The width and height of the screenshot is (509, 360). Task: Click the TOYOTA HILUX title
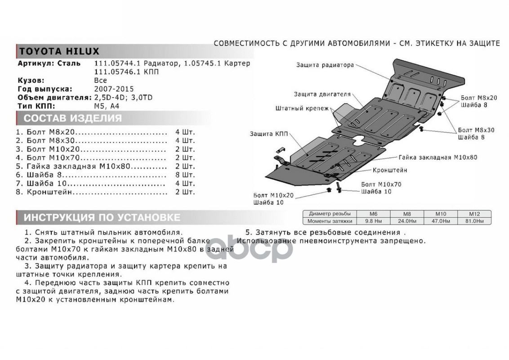click(59, 51)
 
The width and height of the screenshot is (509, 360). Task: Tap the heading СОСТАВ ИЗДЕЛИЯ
click(72, 118)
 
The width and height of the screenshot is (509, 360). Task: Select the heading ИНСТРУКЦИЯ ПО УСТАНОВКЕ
click(102, 218)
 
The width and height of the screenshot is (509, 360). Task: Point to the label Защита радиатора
click(325, 65)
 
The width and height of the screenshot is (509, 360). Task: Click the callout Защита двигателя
click(322, 94)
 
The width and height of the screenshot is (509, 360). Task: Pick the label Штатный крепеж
click(302, 108)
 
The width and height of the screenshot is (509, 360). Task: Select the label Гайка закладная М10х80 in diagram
click(438, 157)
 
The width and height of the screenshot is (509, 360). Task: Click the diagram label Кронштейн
click(389, 170)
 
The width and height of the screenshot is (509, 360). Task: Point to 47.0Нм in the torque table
click(441, 221)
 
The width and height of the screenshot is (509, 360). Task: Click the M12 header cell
click(474, 214)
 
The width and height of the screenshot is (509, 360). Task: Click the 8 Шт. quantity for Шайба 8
click(185, 175)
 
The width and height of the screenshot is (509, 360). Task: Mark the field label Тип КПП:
click(36, 106)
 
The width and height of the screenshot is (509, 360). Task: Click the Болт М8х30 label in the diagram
click(476, 130)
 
